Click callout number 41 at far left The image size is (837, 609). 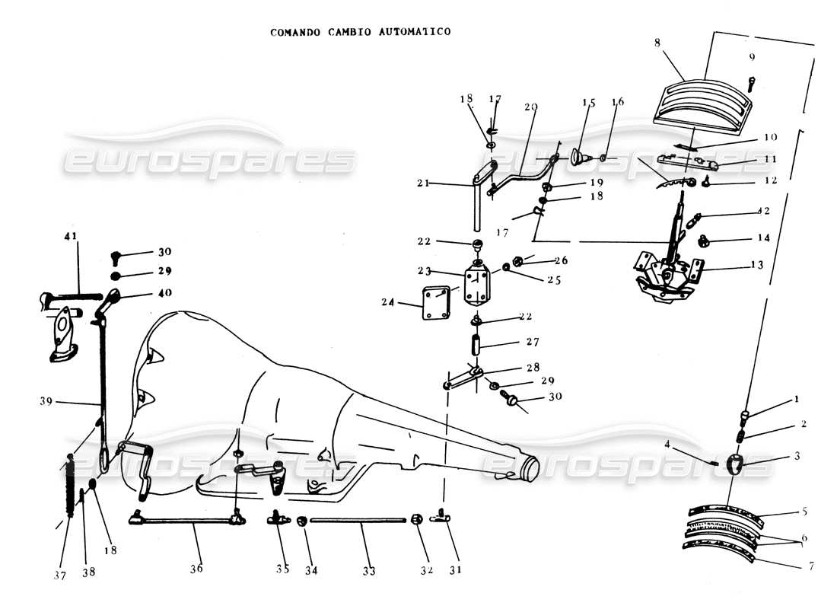71,236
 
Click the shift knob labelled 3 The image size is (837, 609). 735,463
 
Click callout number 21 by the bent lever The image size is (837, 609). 423,183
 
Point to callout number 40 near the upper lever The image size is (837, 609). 164,292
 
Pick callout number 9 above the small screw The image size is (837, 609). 752,57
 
